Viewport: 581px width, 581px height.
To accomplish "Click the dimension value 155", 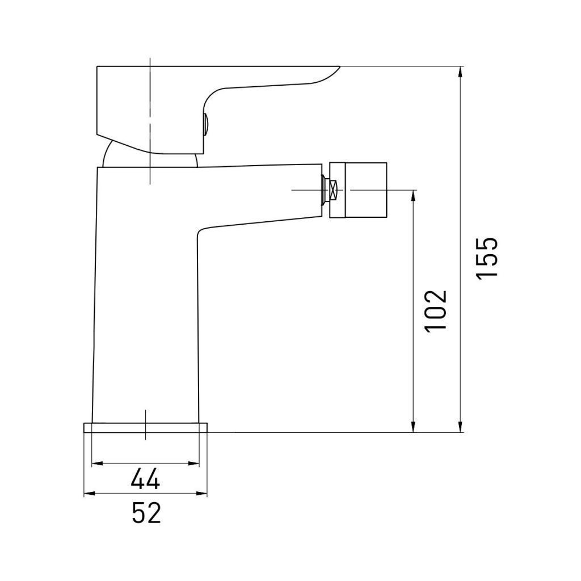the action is click(x=487, y=259).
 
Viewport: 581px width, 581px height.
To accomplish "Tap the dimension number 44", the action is click(x=145, y=478).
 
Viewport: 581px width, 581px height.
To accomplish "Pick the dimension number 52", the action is click(x=146, y=512).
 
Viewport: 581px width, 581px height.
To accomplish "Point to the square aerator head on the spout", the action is click(x=358, y=190).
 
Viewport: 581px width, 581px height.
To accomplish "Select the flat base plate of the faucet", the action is click(x=146, y=428).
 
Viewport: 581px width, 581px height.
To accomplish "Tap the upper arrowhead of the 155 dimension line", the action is click(x=460, y=72).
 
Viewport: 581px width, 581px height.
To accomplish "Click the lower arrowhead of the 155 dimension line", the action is click(x=460, y=427).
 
